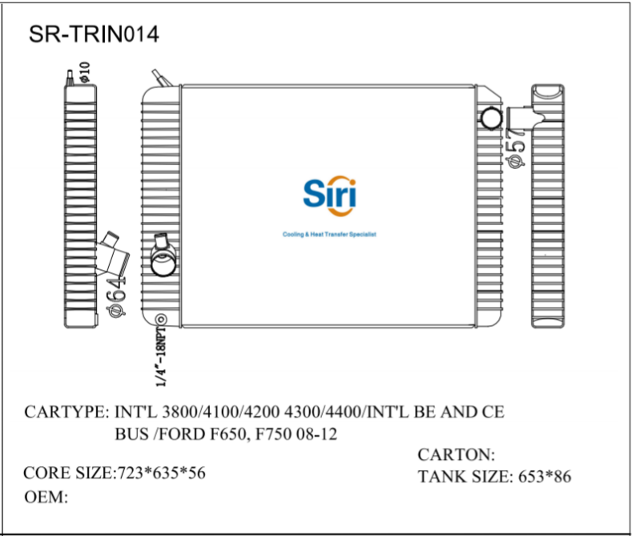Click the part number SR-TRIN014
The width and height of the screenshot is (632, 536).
pyautogui.click(x=94, y=34)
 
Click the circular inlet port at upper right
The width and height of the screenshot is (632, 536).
pyautogui.click(x=490, y=119)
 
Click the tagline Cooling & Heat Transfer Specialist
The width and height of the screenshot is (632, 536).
pyautogui.click(x=329, y=235)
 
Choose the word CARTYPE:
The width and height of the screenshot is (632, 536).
pyautogui.click(x=66, y=413)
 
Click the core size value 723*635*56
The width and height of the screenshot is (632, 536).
pyautogui.click(x=162, y=473)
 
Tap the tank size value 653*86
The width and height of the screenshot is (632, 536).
pyautogui.click(x=544, y=478)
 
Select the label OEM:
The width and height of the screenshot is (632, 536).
pyautogui.click(x=46, y=498)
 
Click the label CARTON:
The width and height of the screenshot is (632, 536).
pyautogui.click(x=457, y=454)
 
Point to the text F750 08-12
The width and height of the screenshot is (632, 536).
pyautogui.click(x=304, y=436)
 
